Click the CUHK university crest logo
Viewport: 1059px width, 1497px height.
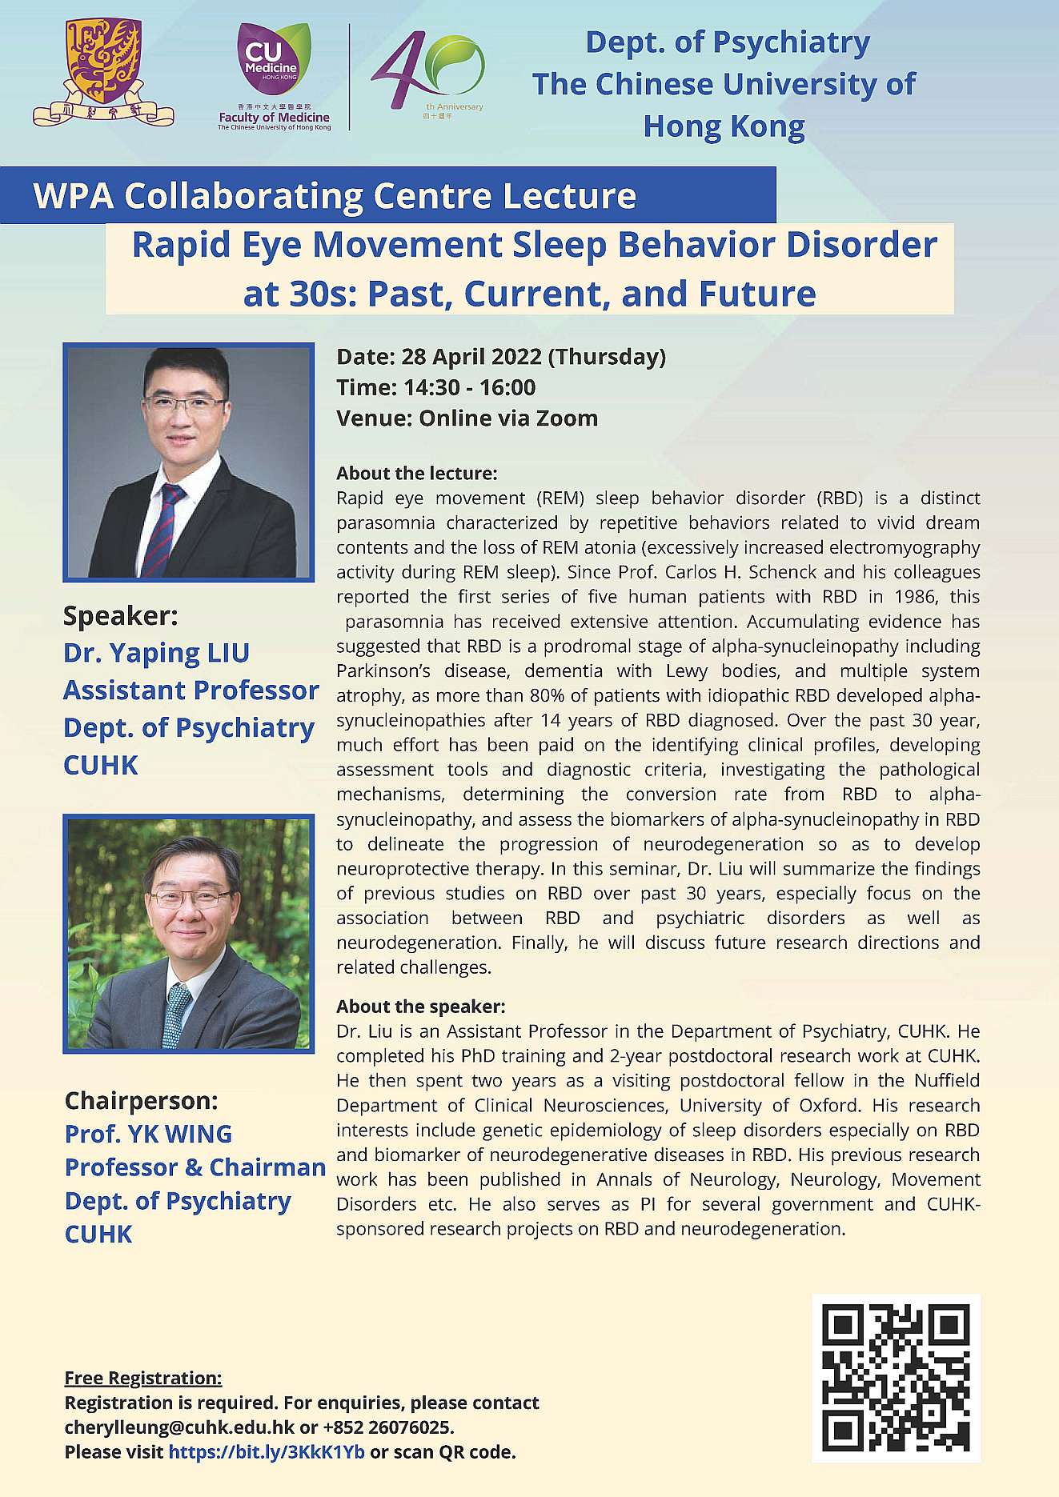(102, 72)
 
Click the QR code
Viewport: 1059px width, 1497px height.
(896, 1378)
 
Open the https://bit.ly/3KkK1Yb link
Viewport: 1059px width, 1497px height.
(267, 1452)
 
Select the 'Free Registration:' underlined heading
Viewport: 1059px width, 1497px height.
(143, 1378)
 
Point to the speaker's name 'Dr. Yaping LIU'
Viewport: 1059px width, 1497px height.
(157, 653)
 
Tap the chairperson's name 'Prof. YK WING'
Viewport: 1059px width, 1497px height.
(149, 1134)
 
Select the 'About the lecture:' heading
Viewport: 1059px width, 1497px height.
(417, 473)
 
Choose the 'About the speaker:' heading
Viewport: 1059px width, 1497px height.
(421, 1006)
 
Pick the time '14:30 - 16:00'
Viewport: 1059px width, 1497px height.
(470, 388)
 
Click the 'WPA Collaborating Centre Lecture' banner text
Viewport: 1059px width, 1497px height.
(335, 196)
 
